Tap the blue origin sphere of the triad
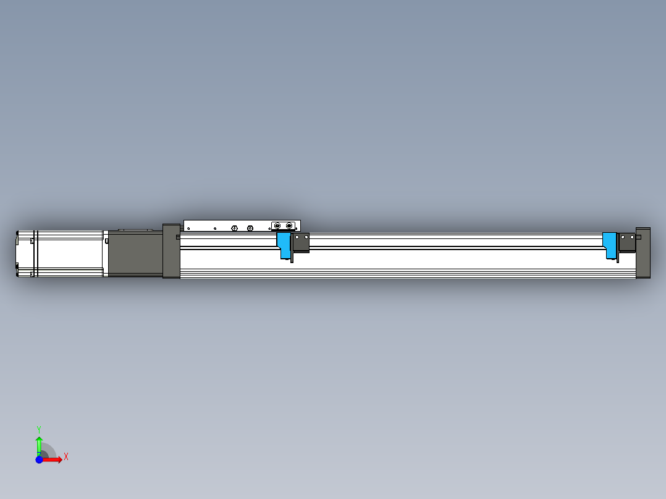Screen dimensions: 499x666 pyautogui.click(x=39, y=459)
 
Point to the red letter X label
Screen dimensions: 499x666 pyautogui.click(x=66, y=457)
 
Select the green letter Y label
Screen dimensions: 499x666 pyautogui.click(x=39, y=429)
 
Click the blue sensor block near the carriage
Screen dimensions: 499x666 pyautogui.click(x=284, y=243)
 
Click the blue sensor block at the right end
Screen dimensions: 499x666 pyautogui.click(x=610, y=243)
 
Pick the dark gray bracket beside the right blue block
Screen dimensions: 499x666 pyautogui.click(x=627, y=241)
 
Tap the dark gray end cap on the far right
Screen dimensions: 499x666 pyautogui.click(x=643, y=253)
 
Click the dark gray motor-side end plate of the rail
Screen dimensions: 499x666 pyautogui.click(x=171, y=251)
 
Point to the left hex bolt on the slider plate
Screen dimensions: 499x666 pyautogui.click(x=234, y=229)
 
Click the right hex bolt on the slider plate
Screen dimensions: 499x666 pyautogui.click(x=250, y=229)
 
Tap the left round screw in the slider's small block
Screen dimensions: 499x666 pyautogui.click(x=277, y=226)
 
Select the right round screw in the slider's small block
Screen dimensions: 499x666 pyautogui.click(x=289, y=226)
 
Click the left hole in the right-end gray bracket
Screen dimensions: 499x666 pyautogui.click(x=623, y=237)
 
